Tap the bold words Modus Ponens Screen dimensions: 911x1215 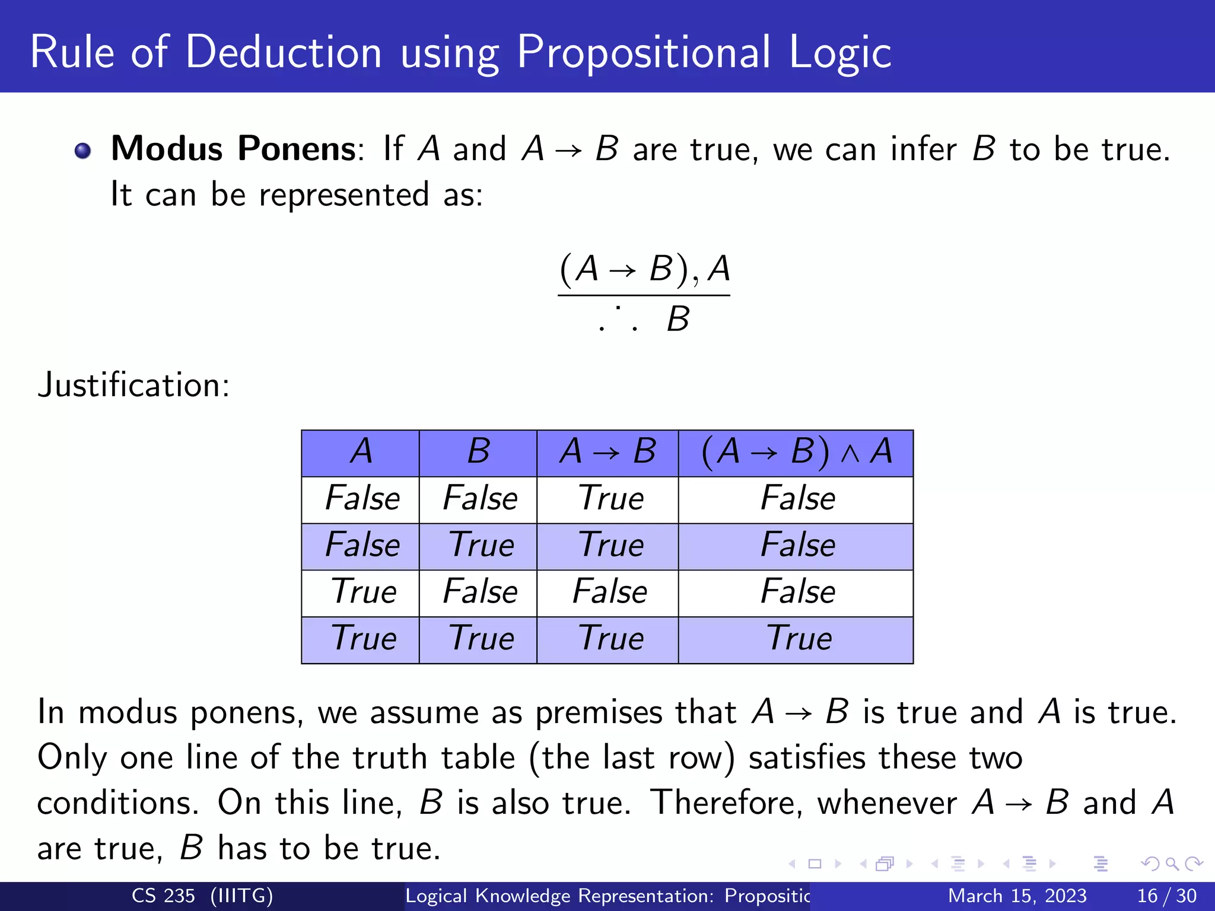click(233, 148)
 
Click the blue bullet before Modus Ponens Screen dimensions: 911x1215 click(83, 151)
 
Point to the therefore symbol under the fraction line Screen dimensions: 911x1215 click(618, 320)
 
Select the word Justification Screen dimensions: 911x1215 click(133, 385)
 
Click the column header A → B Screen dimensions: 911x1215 click(607, 452)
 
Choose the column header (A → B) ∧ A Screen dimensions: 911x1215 click(796, 452)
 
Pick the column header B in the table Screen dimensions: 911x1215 click(478, 452)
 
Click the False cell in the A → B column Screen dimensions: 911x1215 click(609, 592)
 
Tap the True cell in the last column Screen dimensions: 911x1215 click(799, 639)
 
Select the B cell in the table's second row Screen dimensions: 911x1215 click(481, 545)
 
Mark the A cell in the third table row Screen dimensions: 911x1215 click(363, 592)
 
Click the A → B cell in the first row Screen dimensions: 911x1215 click(610, 498)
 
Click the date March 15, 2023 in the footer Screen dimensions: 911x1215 click(1017, 896)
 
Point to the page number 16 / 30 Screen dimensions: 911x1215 click(1166, 896)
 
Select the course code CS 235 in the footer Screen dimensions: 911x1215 click(163, 896)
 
